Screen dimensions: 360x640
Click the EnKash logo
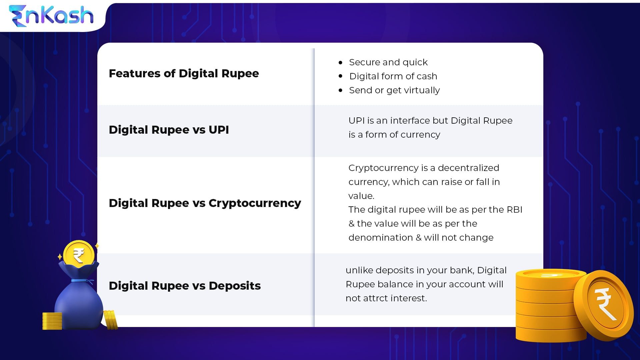[x=51, y=16]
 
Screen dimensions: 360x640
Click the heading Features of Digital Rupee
[x=184, y=73]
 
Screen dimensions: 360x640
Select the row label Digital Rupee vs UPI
[x=169, y=130]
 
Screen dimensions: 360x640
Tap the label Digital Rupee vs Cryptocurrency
[x=205, y=203]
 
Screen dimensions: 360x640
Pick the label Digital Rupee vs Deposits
[x=185, y=286]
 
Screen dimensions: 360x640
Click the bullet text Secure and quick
[x=388, y=62]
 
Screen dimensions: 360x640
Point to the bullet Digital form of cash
[x=393, y=76]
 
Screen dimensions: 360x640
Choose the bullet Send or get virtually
[x=394, y=90]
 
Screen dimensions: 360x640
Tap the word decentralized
[x=468, y=168]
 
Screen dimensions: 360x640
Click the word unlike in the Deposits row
[x=359, y=270]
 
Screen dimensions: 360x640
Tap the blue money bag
[x=79, y=303]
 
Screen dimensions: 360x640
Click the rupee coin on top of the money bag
[x=79, y=255]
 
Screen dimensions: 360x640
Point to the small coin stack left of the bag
[x=52, y=321]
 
